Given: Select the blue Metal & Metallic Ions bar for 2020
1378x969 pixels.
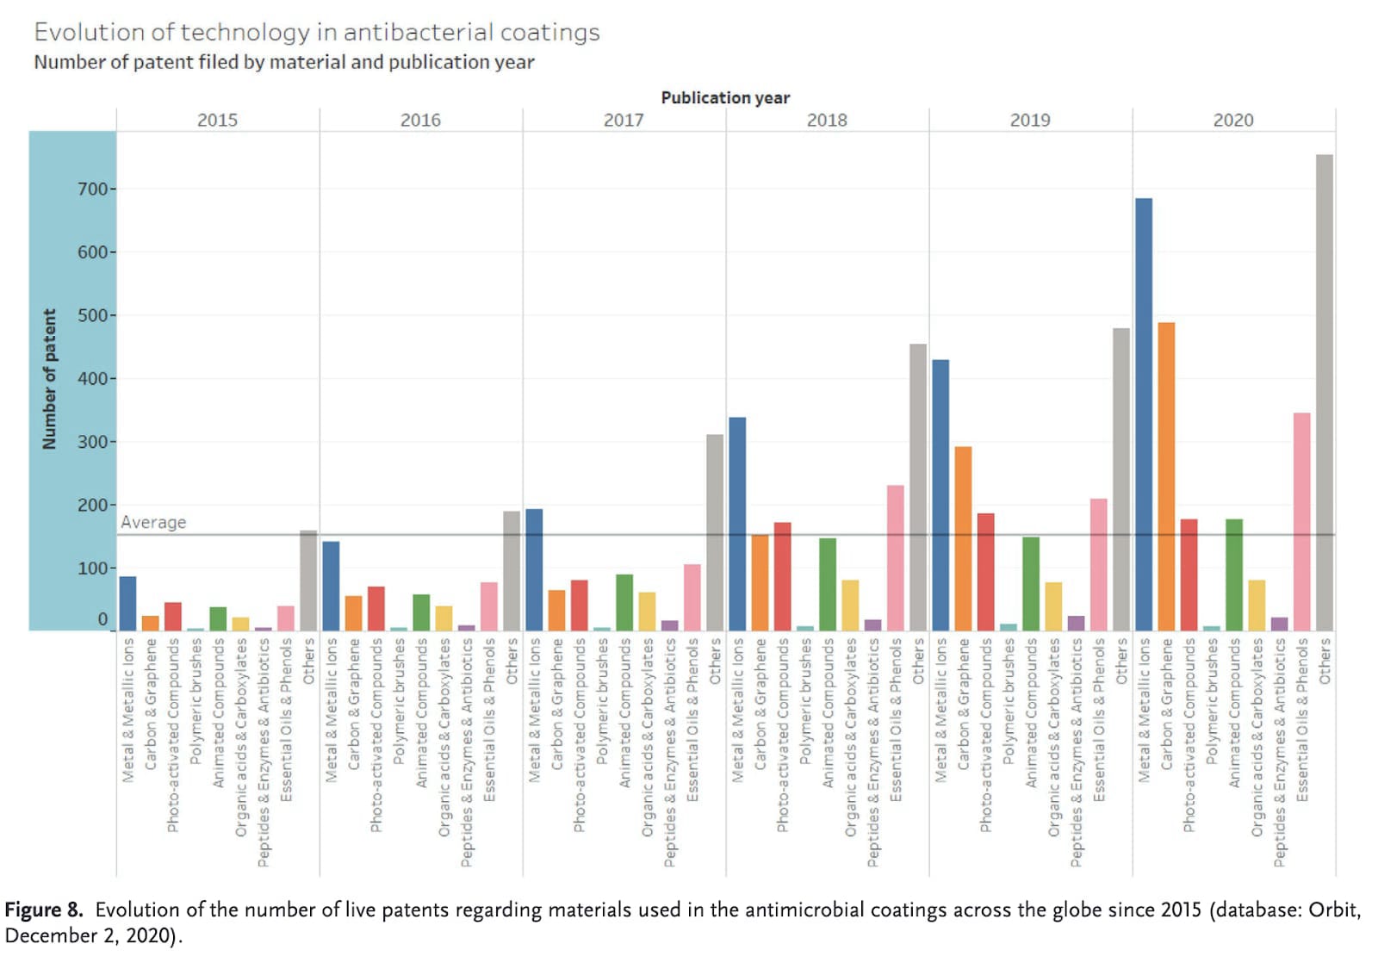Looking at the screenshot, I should (x=1143, y=413).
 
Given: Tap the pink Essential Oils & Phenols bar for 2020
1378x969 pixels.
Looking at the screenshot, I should (x=1301, y=521).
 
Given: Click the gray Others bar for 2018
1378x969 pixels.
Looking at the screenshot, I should (x=918, y=487).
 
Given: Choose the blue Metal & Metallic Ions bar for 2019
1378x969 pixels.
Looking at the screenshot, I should (x=940, y=494).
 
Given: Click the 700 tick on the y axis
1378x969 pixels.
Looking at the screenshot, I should (x=93, y=189).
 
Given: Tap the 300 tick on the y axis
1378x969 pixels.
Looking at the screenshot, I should (x=93, y=442).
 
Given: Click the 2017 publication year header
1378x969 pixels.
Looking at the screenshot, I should (x=624, y=121).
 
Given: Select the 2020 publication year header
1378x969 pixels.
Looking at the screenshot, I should (x=1233, y=121).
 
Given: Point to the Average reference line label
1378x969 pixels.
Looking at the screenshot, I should (x=153, y=522).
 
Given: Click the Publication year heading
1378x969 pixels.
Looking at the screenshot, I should (x=725, y=97).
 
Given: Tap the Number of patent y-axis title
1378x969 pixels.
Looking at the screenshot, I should (x=49, y=379).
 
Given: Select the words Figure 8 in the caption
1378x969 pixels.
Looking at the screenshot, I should (x=43, y=910).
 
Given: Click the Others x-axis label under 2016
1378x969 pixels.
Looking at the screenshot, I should (x=512, y=662).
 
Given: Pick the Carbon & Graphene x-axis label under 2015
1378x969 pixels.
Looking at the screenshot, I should (x=151, y=704).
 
